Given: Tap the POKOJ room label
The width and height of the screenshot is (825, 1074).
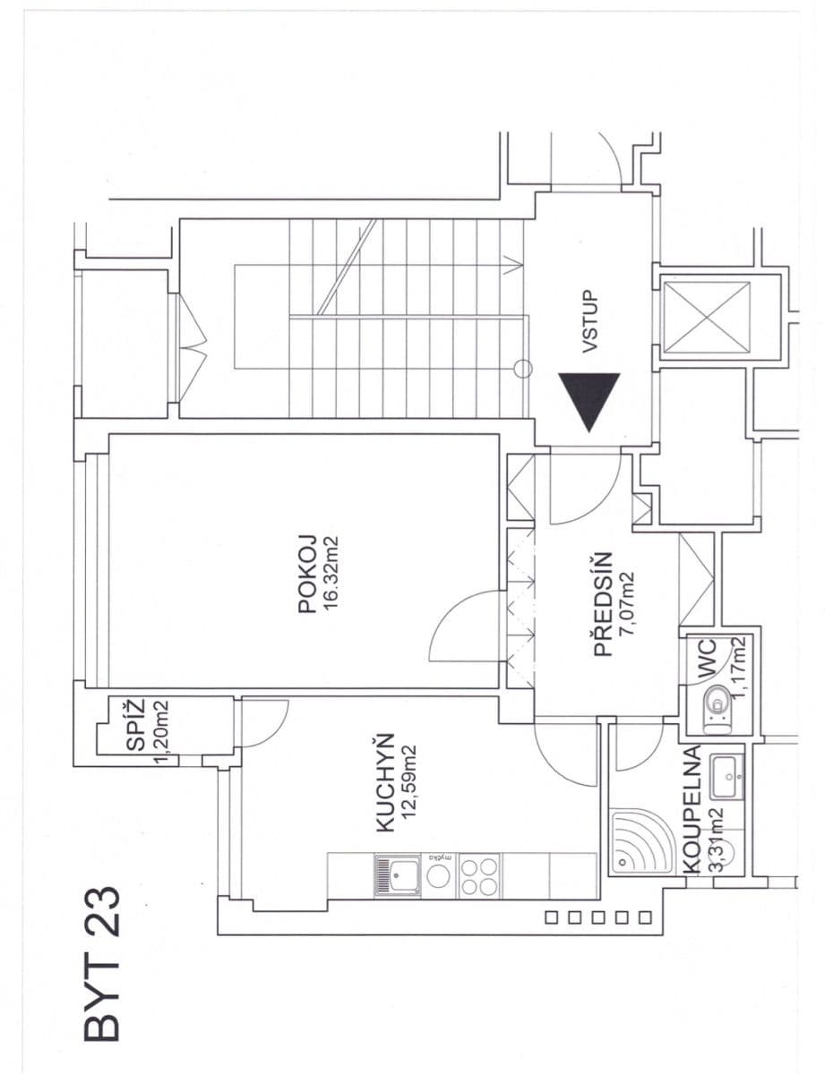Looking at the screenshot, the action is pos(307,574).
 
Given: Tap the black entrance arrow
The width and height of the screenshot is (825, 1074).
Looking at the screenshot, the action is pos(589,403).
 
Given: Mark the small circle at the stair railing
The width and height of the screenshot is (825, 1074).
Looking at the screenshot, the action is pos(524,368).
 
